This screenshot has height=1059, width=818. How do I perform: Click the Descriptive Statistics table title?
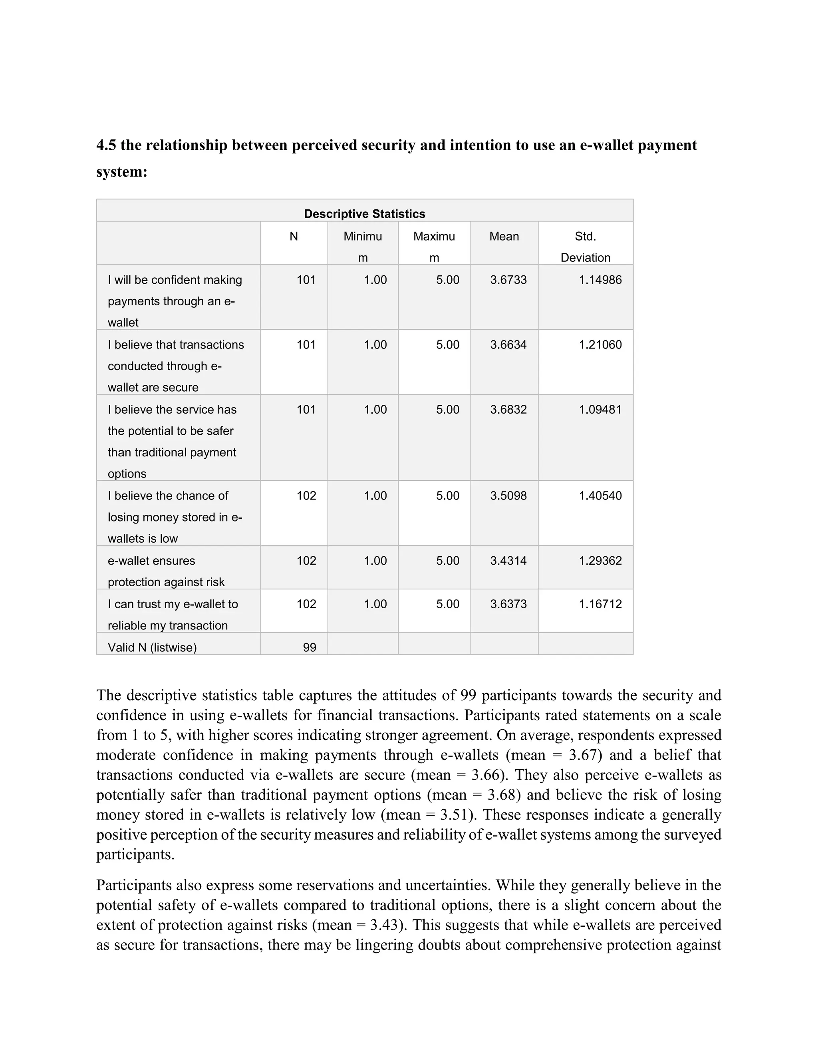(364, 214)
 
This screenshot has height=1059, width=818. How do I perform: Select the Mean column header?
(504, 236)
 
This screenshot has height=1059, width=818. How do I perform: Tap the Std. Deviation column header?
(586, 247)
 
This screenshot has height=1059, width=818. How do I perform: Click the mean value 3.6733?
(508, 280)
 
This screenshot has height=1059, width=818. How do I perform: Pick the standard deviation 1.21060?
(600, 345)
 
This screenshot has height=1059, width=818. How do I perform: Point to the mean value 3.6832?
(508, 409)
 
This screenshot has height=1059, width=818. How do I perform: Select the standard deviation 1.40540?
(600, 496)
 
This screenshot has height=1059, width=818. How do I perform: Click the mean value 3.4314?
(508, 561)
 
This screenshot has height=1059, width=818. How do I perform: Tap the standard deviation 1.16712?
(600, 604)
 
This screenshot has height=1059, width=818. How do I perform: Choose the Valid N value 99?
(309, 647)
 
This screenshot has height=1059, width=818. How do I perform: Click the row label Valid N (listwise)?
(152, 647)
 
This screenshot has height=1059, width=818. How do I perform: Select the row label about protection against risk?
(166, 571)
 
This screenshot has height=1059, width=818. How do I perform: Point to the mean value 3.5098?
(508, 496)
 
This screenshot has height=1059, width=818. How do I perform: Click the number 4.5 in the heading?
(105, 145)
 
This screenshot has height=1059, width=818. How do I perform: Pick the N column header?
(294, 236)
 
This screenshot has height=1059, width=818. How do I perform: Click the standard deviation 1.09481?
(600, 409)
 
